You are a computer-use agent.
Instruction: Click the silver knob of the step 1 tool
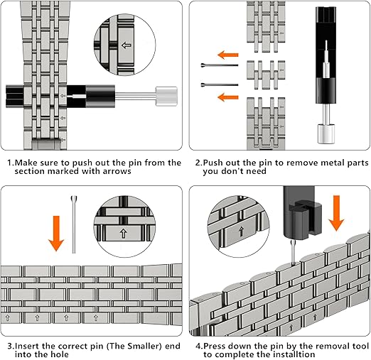[x=166, y=96]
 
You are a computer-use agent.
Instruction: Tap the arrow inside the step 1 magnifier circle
[x=126, y=45]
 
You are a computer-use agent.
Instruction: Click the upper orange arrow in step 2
[x=228, y=55]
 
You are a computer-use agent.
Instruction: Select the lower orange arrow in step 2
[x=228, y=97]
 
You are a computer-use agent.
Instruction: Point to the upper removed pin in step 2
[x=220, y=65]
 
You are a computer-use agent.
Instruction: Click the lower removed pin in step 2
[x=220, y=84]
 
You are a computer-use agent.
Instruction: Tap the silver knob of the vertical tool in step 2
[x=326, y=134]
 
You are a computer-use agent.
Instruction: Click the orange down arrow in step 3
[x=56, y=233]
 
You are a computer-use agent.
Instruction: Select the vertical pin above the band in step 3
[x=74, y=224]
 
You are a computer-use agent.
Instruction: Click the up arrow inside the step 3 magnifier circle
[x=124, y=233]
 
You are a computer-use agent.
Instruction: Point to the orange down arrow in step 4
[x=336, y=213]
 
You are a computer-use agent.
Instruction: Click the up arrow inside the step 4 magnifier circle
[x=241, y=231]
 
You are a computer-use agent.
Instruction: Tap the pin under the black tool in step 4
[x=293, y=253]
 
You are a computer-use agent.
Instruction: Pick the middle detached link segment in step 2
[x=266, y=75]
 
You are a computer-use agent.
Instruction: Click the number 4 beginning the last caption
[x=198, y=347]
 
